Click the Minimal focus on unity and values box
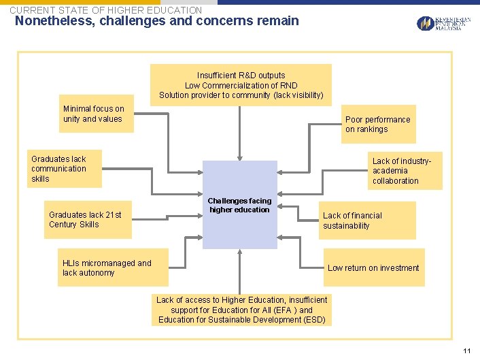pyautogui.click(x=95, y=114)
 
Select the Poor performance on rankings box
pyautogui.click(x=377, y=125)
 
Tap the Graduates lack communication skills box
pyautogui.click(x=65, y=169)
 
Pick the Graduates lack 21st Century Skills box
pyautogui.click(x=87, y=220)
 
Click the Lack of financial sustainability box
pyautogui.click(x=367, y=220)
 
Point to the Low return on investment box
pyautogui.click(x=373, y=267)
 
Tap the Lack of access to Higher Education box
pyautogui.click(x=241, y=310)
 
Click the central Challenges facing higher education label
pyautogui.click(x=239, y=205)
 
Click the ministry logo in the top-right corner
pyautogui.click(x=443, y=24)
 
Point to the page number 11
pyautogui.click(x=466, y=350)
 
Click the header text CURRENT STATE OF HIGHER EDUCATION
pyautogui.click(x=105, y=10)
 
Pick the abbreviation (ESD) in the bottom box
pyautogui.click(x=312, y=320)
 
